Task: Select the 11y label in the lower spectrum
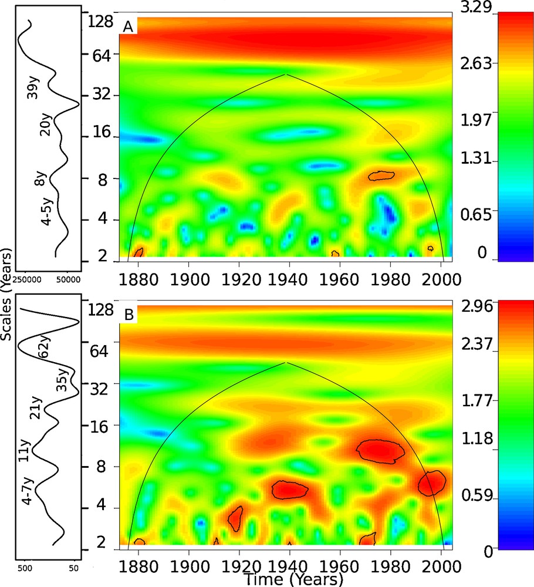pyautogui.click(x=24, y=450)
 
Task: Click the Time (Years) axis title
pyautogui.click(x=293, y=579)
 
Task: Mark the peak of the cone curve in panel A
pyautogui.click(x=286, y=75)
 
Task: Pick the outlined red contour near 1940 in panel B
pyautogui.click(x=289, y=489)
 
